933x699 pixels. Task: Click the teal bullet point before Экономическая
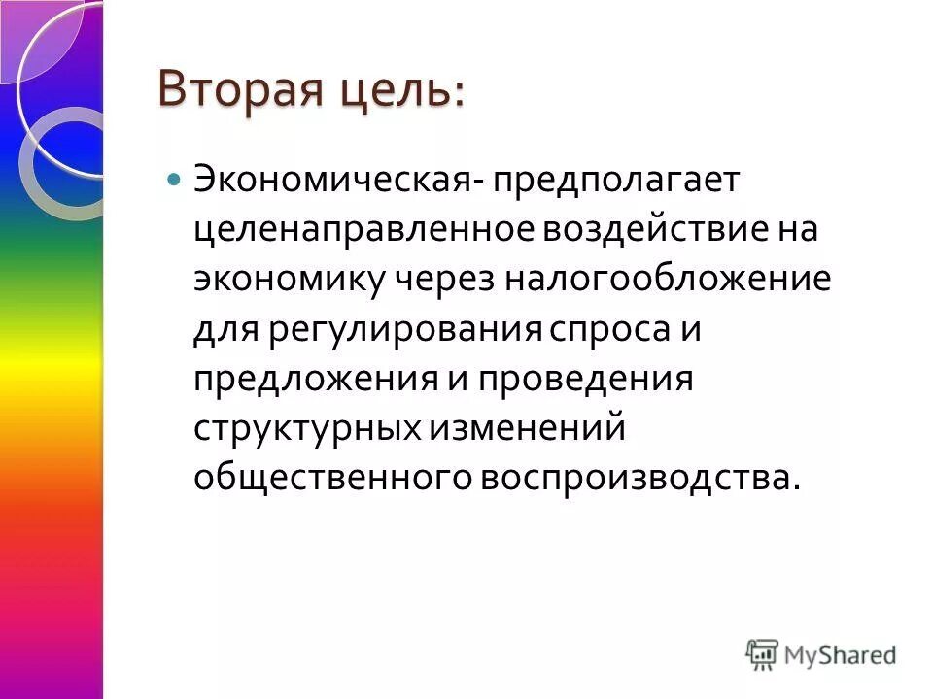[x=175, y=181]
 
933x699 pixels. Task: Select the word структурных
[x=305, y=428]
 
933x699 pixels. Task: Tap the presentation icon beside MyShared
[x=764, y=653]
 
